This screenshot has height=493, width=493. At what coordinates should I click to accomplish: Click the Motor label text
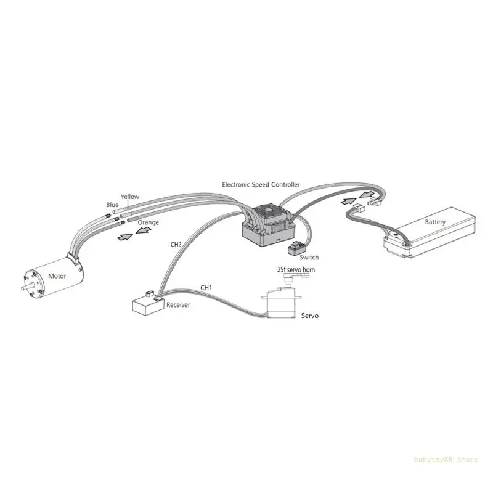point(56,277)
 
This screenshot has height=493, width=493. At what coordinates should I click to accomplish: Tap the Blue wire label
point(112,205)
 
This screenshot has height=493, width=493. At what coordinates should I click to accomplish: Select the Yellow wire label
point(130,197)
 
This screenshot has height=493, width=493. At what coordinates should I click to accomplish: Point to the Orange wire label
point(149,222)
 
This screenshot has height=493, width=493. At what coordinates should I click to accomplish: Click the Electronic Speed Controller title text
point(261,184)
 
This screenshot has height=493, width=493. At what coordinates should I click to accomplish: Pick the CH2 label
point(176,244)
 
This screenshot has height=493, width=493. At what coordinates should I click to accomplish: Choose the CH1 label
point(206,287)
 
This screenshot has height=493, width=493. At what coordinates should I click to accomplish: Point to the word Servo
point(310,315)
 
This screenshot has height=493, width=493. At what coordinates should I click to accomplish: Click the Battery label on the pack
point(436,222)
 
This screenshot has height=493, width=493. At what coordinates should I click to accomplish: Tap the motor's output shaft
point(25,288)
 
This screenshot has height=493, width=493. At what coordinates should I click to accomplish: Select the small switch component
point(295,248)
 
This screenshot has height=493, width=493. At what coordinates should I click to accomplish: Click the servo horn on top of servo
point(289,279)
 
